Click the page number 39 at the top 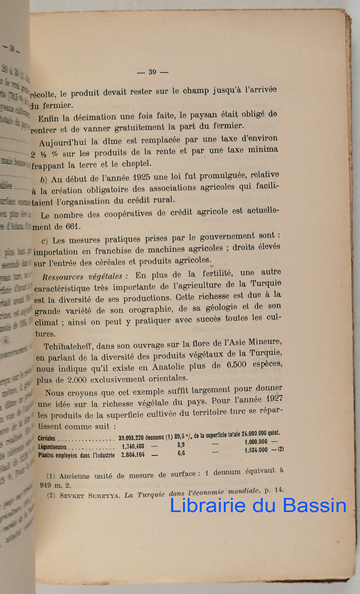click(x=152, y=72)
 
